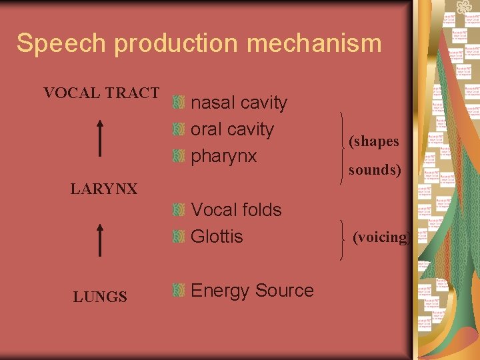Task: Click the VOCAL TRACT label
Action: (101, 93)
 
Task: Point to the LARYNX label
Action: (104, 189)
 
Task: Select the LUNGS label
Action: (100, 297)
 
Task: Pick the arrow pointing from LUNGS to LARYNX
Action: (99, 240)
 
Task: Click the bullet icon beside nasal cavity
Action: (177, 103)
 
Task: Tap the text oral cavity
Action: (232, 129)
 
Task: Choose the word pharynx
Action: (223, 157)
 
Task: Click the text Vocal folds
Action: (236, 209)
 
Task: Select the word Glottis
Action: (217, 237)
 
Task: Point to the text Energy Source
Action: (252, 291)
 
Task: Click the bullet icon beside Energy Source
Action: (177, 290)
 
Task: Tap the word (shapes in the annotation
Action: (373, 141)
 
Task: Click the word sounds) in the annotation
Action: (375, 170)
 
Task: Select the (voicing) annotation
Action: (381, 237)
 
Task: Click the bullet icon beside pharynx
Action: (177, 156)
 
